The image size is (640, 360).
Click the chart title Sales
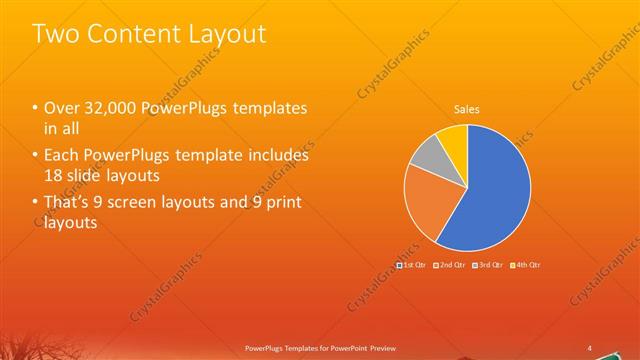click(x=467, y=108)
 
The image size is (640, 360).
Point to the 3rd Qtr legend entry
click(x=487, y=265)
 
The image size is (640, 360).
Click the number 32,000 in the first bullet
click(x=103, y=109)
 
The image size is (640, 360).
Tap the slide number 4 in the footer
click(x=589, y=348)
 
